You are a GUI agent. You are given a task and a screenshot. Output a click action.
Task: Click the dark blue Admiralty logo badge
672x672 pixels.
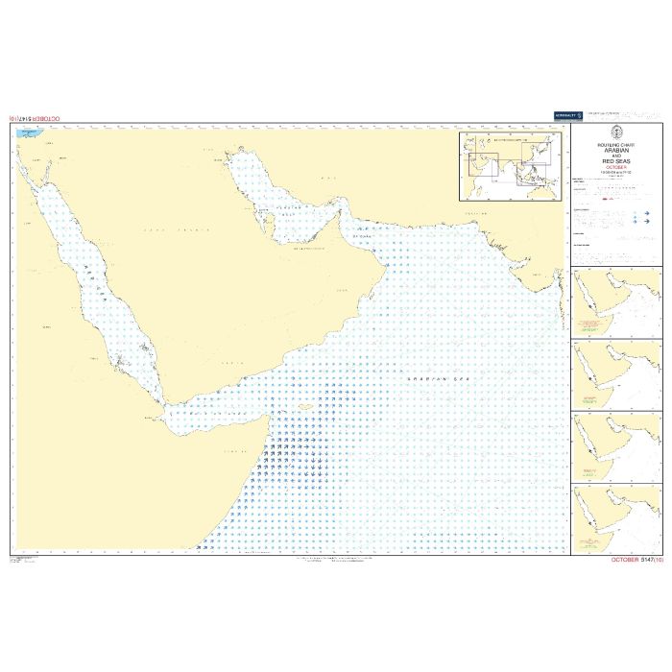[566, 115]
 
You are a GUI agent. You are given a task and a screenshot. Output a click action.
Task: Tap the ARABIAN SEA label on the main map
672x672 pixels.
[428, 380]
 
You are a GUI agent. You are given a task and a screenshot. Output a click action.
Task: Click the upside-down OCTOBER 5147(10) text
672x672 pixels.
[39, 118]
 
